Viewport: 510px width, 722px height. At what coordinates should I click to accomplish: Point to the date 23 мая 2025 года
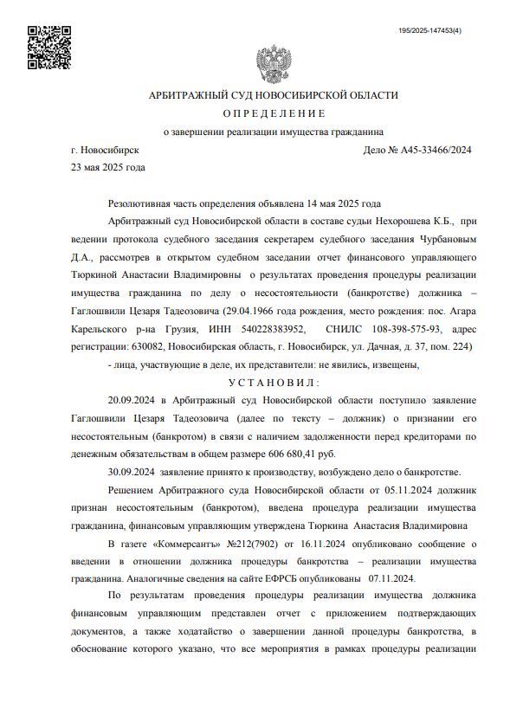[x=108, y=167]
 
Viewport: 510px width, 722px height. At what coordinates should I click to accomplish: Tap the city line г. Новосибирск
[x=106, y=150]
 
